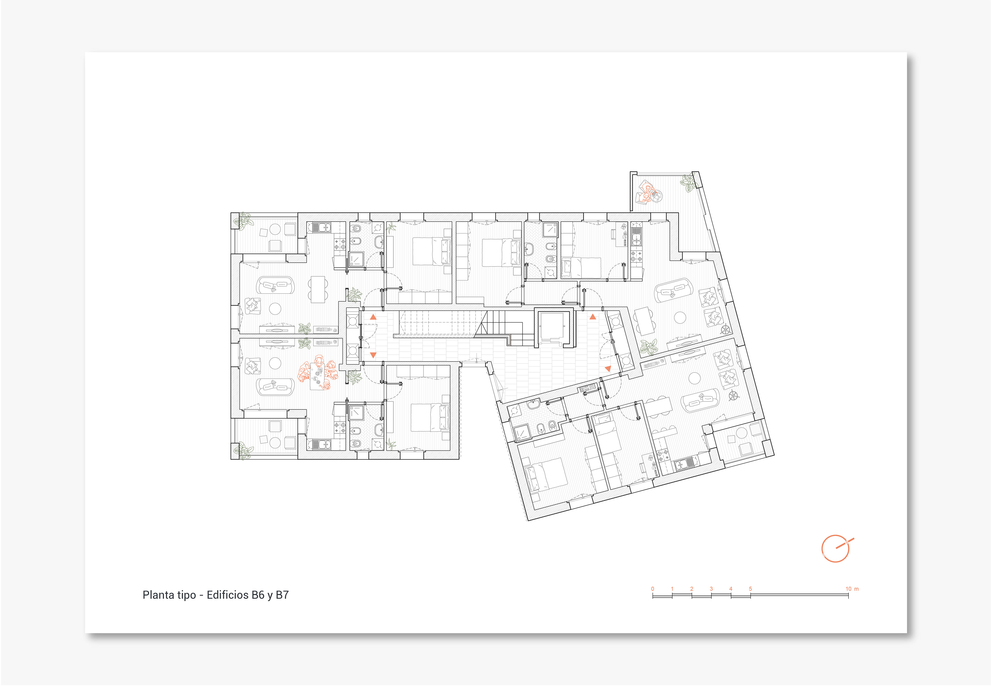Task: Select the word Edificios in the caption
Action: coord(227,595)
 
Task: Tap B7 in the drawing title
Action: coord(282,595)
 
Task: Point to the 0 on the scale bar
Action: coord(653,589)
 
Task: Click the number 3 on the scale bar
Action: coord(711,589)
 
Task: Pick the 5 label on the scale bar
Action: coord(750,589)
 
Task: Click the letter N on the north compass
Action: coord(846,543)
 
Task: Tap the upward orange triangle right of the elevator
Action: coord(593,317)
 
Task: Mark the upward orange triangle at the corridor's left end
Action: coord(373,317)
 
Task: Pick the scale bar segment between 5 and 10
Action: coord(799,595)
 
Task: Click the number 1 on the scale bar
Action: coord(672,589)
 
